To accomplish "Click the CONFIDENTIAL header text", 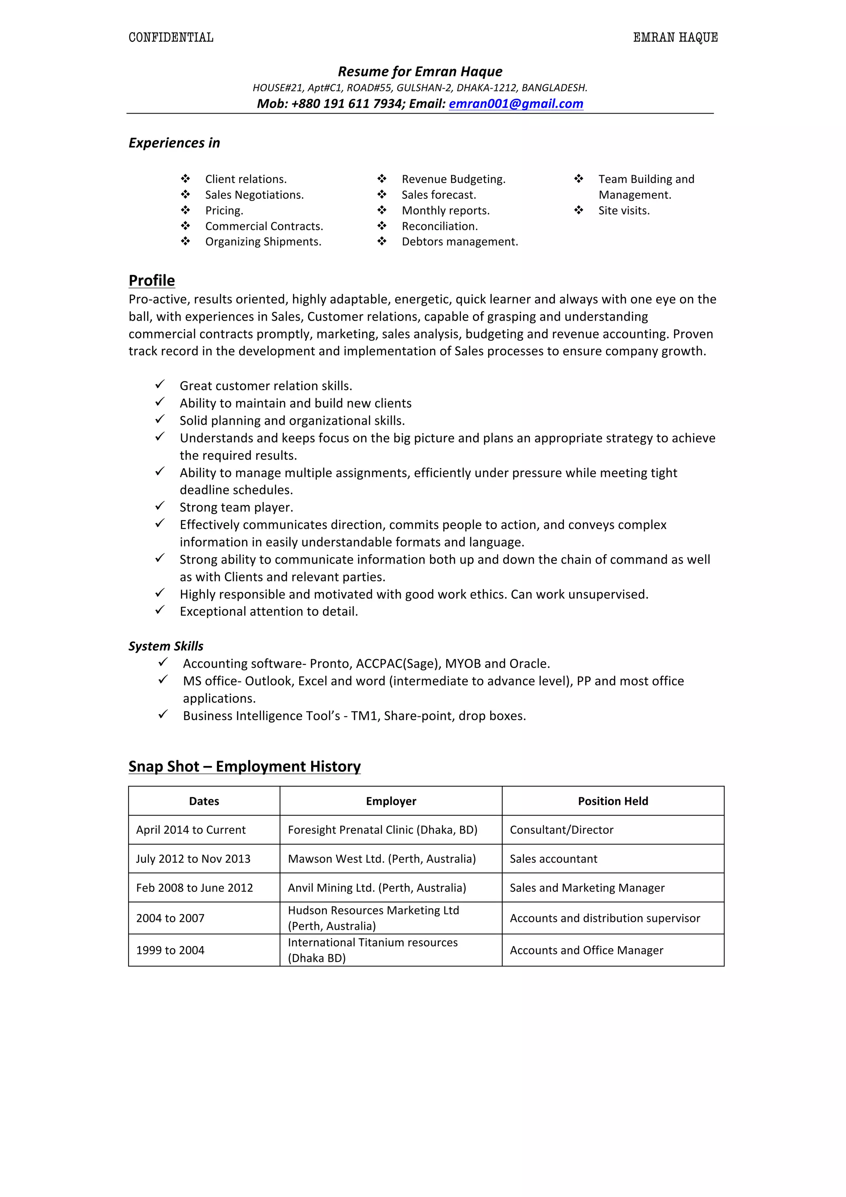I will click(171, 38).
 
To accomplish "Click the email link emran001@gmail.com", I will click(516, 104).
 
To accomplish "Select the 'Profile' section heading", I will click(151, 281).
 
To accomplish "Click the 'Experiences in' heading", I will click(174, 143).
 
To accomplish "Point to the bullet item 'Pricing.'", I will click(224, 211).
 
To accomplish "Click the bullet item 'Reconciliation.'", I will click(440, 226).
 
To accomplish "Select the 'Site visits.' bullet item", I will click(623, 211).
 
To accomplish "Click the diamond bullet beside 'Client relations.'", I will click(185, 179).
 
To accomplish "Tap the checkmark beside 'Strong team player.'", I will click(160, 506).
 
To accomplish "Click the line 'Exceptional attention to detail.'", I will click(269, 612).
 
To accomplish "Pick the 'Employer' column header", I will click(391, 801).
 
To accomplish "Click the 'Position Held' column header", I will click(613, 801).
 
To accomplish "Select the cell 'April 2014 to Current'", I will click(191, 830).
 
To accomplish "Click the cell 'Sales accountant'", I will click(553, 859).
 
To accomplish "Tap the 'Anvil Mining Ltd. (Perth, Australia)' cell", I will click(377, 888).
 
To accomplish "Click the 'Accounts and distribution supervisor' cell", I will click(605, 918).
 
